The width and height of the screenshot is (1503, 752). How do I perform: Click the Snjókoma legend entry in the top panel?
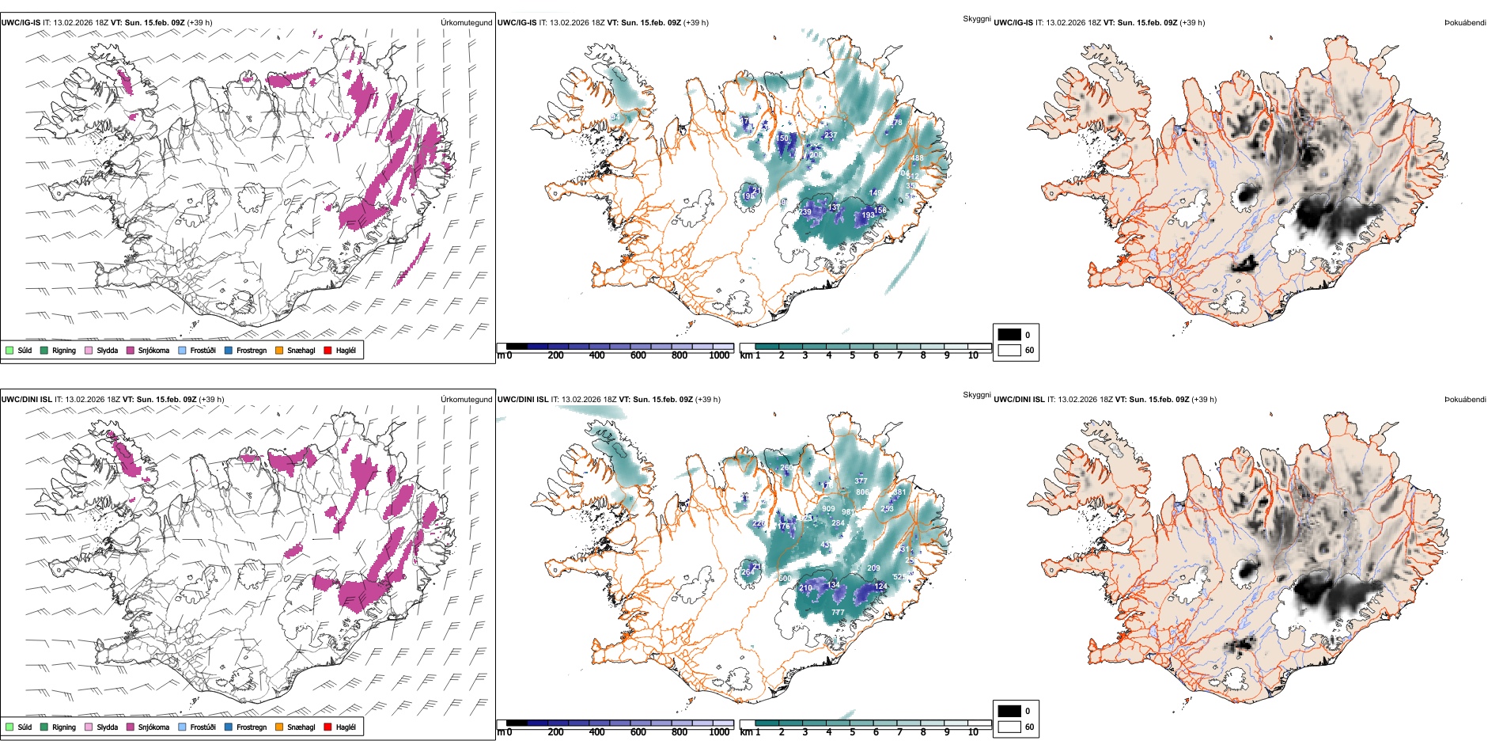(153, 351)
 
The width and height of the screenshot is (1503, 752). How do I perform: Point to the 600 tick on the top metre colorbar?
(638, 355)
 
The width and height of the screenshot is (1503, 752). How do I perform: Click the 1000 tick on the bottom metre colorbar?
(719, 732)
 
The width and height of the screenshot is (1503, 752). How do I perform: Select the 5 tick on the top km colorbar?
(852, 355)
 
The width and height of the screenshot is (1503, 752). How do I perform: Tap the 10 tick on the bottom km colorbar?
(973, 732)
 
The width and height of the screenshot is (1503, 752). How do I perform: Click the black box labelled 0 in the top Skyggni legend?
(1009, 335)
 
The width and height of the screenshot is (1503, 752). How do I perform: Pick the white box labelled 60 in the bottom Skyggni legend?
(1009, 727)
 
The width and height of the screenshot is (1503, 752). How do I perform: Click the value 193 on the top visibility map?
(868, 215)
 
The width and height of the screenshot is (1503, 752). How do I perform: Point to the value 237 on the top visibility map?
(830, 135)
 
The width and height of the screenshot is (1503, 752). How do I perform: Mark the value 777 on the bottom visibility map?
(838, 613)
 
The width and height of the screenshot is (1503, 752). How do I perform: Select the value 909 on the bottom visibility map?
(828, 509)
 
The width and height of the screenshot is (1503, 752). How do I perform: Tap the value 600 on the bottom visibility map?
(785, 579)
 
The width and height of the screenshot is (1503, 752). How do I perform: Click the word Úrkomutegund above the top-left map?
(466, 23)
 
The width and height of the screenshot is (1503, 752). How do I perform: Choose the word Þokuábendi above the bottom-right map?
(1465, 400)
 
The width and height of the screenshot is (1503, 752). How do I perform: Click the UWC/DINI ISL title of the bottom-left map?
(26, 400)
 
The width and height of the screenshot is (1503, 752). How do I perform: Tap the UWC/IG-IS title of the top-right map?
(1013, 23)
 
